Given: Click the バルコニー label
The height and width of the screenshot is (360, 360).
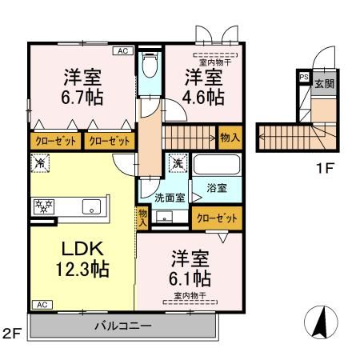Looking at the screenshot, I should point(123,326).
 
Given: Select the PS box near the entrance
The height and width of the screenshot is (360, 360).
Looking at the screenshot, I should point(304,77).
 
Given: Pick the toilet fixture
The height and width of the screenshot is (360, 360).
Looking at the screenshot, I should point(148,67).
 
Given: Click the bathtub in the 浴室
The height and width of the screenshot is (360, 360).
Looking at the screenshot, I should point(217,166).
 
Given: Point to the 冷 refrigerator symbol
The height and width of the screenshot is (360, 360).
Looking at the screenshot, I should point(38,163).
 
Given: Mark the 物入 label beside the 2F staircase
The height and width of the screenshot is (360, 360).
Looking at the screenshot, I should point(230,138).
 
